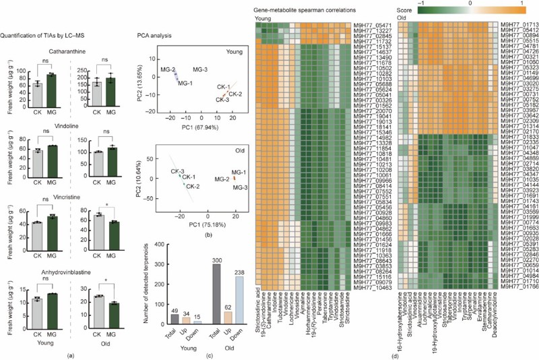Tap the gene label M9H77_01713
coord(515,25)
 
